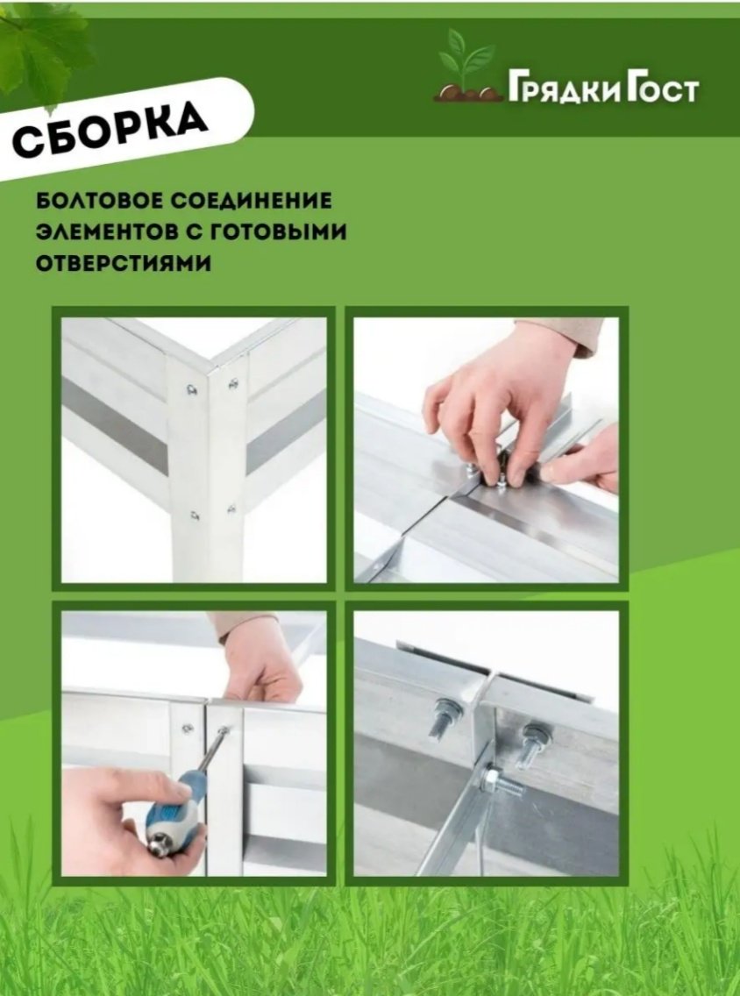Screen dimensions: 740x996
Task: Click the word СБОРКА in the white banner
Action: point(110,130)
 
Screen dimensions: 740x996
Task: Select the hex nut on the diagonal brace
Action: point(491,779)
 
